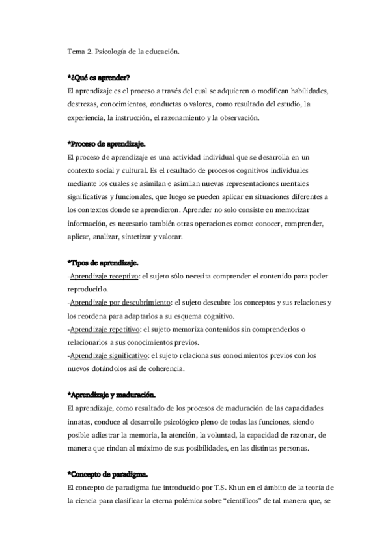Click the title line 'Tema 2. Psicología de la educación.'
coord(123,50)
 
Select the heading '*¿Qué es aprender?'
coord(99,78)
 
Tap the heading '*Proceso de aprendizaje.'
coord(107,143)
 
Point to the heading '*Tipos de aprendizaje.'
coord(103,262)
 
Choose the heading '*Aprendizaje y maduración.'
coord(111,394)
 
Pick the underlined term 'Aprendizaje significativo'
coord(108,355)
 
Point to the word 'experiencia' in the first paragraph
coord(88,117)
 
